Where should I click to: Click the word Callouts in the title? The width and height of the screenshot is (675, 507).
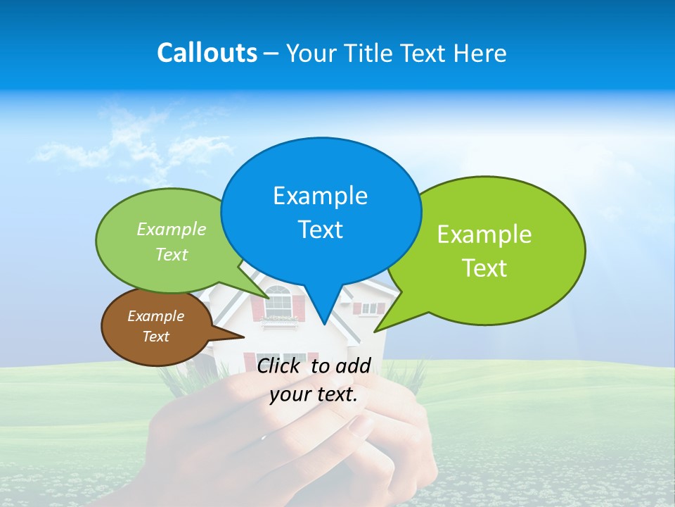(207, 53)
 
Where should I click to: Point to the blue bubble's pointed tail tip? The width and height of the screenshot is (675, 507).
(323, 323)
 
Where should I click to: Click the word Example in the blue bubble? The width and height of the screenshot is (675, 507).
(320, 196)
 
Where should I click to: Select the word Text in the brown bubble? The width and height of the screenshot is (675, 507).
(155, 337)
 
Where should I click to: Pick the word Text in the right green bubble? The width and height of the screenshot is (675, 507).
(484, 268)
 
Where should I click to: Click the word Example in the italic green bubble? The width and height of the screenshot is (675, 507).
(172, 230)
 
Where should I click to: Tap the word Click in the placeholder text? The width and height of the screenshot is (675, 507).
(280, 365)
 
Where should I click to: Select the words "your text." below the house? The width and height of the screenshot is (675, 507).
(314, 394)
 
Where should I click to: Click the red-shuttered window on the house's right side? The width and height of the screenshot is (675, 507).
(368, 308)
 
